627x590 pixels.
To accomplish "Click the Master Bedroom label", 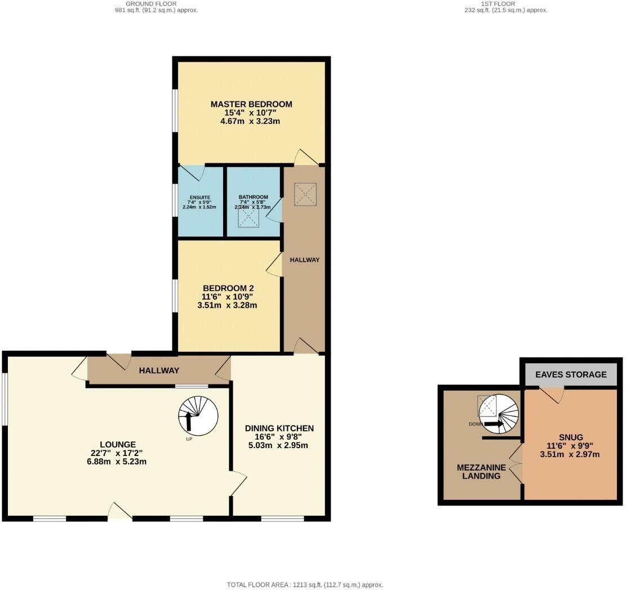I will [251, 104].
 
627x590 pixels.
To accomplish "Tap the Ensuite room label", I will [199, 197].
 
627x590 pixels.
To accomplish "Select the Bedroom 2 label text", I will [228, 288].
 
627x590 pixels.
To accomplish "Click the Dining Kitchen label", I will [279, 428].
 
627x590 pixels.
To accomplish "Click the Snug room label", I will [571, 437].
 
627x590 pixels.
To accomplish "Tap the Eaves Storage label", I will [571, 374].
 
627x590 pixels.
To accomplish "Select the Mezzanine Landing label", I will [478, 471].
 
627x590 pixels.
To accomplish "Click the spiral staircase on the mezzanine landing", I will [498, 414].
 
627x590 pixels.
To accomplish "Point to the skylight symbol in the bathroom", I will [248, 217].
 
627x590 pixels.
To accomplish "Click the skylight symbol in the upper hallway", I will [305, 195].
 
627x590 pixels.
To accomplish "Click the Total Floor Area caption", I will [305, 585].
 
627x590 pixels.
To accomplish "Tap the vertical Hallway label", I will [304, 260].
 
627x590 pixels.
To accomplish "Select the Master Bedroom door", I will [307, 158].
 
